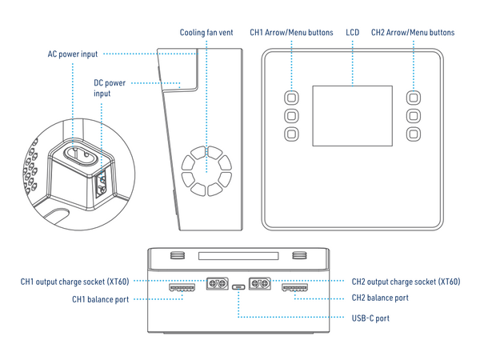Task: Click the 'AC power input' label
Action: tap(72, 54)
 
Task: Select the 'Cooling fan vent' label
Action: tap(206, 33)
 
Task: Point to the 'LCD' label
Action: tap(352, 33)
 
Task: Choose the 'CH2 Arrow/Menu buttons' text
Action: tap(413, 33)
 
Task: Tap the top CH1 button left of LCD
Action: tap(290, 97)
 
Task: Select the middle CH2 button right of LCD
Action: tap(414, 114)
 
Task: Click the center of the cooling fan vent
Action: tap(206, 170)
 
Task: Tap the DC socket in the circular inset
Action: tap(102, 183)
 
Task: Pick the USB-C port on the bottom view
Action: tap(239, 290)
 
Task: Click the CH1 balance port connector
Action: tap(182, 286)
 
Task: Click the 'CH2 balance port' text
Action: tap(381, 298)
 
